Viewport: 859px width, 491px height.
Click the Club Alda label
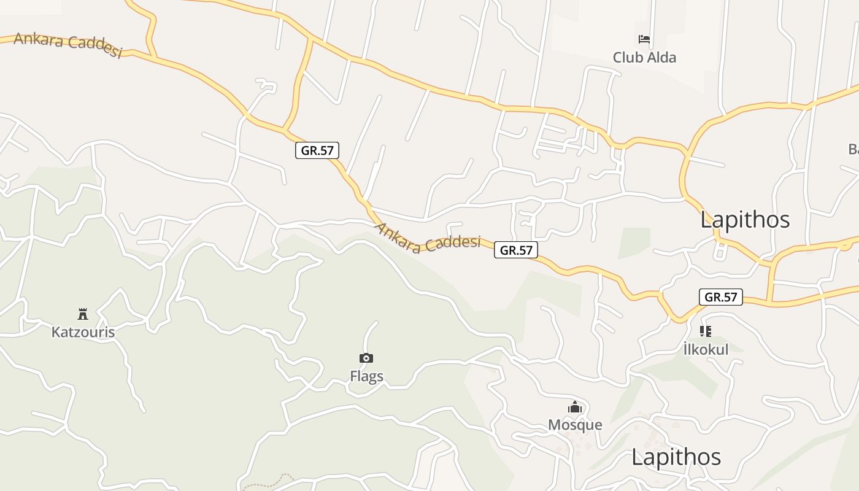pos(644,58)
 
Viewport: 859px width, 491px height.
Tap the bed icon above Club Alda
pos(644,40)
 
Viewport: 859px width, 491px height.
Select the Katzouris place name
pos(83,332)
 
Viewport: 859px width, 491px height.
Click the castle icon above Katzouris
pos(83,314)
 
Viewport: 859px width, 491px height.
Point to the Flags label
pos(366,376)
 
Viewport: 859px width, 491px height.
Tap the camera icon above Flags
pos(366,358)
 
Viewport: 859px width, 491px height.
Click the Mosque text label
pos(575,425)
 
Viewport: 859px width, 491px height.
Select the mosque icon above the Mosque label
pos(575,407)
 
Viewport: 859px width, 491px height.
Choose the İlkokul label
pos(706,350)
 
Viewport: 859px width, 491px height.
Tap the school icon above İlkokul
pos(706,331)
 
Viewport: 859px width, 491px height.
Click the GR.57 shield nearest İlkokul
pos(720,297)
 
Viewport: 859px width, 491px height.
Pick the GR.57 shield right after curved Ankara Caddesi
pos(515,250)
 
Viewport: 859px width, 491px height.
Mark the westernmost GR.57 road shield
pos(317,150)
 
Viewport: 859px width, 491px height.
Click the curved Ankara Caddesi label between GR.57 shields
pos(428,240)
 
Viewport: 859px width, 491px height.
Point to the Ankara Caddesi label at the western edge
pos(67,44)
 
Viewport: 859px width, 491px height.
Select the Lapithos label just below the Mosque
pos(676,457)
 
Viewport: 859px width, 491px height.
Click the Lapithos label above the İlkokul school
pos(745,220)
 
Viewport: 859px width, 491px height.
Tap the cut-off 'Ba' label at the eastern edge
pos(853,149)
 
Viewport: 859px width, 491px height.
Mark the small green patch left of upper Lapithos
pos(634,243)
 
